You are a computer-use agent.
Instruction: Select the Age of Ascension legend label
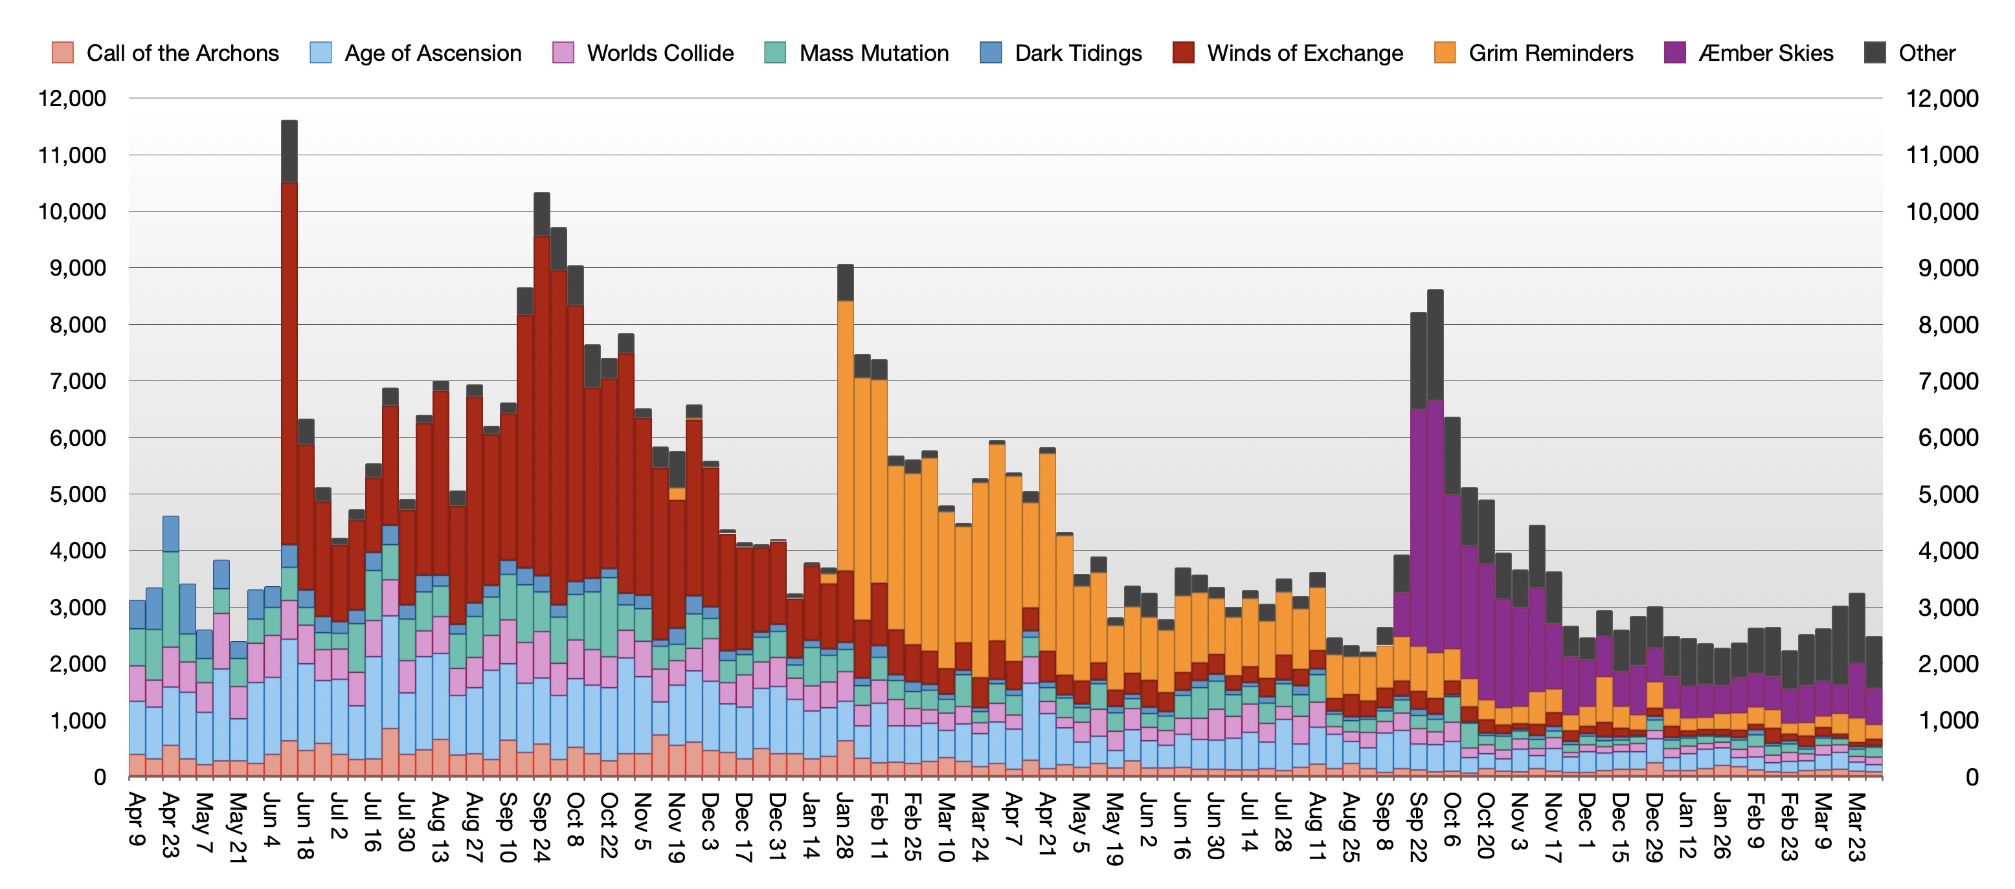pyautogui.click(x=433, y=52)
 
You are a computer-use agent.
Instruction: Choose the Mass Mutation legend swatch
pyautogui.click(x=774, y=52)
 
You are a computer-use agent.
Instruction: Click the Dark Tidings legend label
pyautogui.click(x=1078, y=52)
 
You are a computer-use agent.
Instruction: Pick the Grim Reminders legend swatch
pyautogui.click(x=1445, y=52)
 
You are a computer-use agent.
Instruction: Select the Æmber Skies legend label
pyautogui.click(x=1766, y=52)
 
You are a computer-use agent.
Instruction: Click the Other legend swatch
pyautogui.click(x=1875, y=52)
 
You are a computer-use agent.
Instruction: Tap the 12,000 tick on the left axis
pyautogui.click(x=72, y=98)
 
